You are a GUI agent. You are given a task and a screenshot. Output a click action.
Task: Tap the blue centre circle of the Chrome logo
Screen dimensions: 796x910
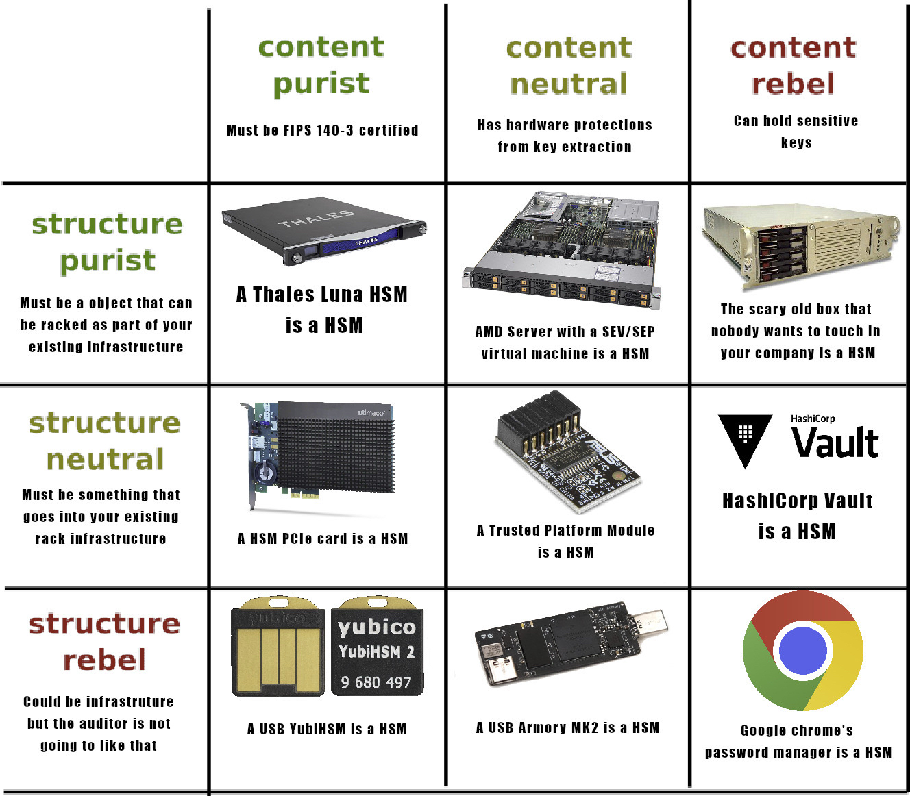point(802,651)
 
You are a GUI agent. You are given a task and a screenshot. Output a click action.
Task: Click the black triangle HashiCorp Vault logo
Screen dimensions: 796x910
point(745,439)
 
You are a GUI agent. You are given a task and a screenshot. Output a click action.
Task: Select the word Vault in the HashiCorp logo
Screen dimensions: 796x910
point(835,443)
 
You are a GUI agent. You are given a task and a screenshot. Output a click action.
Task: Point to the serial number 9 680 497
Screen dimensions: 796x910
point(376,682)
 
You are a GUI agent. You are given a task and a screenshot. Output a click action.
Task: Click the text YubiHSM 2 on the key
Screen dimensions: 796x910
point(376,651)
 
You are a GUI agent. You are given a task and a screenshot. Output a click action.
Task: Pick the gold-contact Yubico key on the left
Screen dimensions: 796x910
point(278,647)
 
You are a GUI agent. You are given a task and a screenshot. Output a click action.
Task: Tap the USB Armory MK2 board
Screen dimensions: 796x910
point(570,644)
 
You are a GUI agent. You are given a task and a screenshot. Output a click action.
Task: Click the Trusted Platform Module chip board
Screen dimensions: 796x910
point(569,453)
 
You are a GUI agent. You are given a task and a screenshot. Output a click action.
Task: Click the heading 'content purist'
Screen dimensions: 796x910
point(321,65)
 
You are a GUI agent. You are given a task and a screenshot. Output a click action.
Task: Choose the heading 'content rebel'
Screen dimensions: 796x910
point(793,66)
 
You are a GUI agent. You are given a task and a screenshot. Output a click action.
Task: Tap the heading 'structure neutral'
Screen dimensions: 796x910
point(105,440)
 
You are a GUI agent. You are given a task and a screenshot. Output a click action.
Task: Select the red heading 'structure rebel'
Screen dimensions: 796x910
point(104,641)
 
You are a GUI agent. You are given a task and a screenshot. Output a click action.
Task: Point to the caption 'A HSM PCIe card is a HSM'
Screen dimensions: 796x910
point(323,538)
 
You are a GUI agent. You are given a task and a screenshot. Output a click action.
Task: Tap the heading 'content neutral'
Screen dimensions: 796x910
point(569,66)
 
